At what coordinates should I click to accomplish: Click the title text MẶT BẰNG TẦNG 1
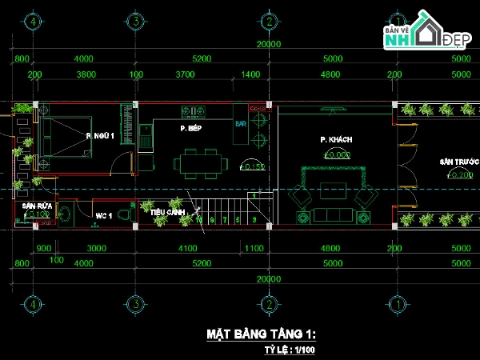261,333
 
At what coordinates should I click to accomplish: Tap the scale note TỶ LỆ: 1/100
290,350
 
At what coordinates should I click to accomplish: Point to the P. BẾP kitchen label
190,128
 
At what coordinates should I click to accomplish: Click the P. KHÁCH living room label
336,139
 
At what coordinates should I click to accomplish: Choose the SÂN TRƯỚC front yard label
456,162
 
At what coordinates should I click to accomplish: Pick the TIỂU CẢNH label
168,212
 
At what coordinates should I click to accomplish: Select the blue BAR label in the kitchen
239,124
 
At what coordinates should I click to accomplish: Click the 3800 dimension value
86,74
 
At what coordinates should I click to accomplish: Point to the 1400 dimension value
251,74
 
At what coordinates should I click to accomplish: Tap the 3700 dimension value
185,74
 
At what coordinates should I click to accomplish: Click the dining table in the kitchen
199,164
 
